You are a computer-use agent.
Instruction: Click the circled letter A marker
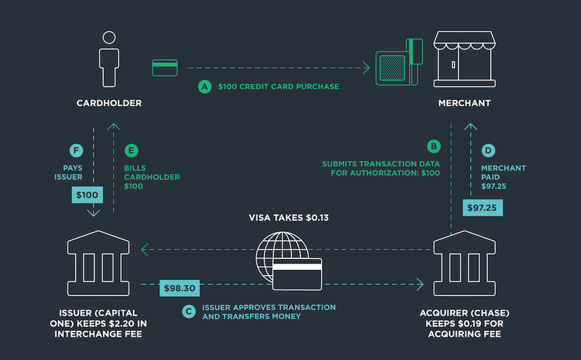(205, 86)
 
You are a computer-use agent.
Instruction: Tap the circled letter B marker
(434, 147)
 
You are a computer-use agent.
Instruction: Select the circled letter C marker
(189, 311)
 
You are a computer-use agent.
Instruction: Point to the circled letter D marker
(488, 151)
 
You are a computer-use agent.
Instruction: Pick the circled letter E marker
(131, 151)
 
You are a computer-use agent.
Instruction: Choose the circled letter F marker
(76, 151)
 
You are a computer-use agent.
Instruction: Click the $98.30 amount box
(179, 288)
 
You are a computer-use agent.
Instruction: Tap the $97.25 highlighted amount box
(482, 208)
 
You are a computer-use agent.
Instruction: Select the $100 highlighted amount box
(87, 195)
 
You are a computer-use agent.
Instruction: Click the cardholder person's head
(109, 38)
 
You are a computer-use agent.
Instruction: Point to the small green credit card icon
(165, 67)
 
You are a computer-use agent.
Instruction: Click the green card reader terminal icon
(399, 62)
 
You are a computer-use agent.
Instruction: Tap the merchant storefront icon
(465, 60)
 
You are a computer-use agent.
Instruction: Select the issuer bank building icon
(98, 263)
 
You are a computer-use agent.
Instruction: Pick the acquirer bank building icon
(465, 263)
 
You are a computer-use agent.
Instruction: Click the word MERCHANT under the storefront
(464, 103)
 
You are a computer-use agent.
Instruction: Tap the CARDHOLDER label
(109, 103)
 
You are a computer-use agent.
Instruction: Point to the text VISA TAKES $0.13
(288, 218)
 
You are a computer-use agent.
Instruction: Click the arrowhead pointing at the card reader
(367, 67)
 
